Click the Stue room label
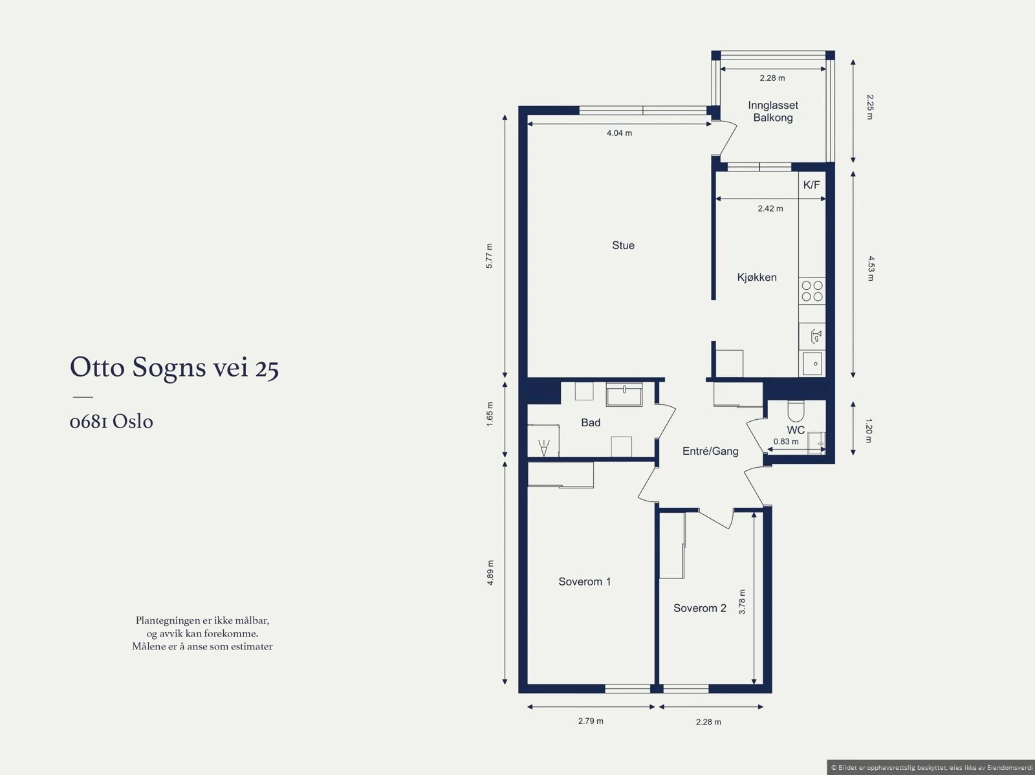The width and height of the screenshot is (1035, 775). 623,245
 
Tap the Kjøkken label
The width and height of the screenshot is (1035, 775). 757,277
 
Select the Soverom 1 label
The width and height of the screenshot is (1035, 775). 584,581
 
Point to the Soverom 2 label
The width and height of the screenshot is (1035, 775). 700,608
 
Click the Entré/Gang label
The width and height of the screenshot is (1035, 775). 710,451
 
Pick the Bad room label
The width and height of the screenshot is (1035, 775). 591,422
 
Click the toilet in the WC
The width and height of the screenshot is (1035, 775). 796,411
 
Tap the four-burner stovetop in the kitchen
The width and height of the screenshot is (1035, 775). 812,291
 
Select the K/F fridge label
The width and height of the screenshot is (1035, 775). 811,185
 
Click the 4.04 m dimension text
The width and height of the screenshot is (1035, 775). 619,133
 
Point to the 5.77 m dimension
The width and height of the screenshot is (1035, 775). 489,256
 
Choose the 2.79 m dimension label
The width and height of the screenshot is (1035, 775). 591,721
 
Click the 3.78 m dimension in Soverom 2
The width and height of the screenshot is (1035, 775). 742,602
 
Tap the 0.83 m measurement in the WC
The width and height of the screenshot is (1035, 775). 785,442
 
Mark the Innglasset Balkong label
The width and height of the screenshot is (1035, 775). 773,111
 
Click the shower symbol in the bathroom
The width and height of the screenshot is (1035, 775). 543,448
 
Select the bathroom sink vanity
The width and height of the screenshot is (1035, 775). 624,395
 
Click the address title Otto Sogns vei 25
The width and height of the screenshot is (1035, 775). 174,367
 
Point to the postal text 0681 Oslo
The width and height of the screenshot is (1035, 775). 111,421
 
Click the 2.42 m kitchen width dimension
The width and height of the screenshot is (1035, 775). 770,208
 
